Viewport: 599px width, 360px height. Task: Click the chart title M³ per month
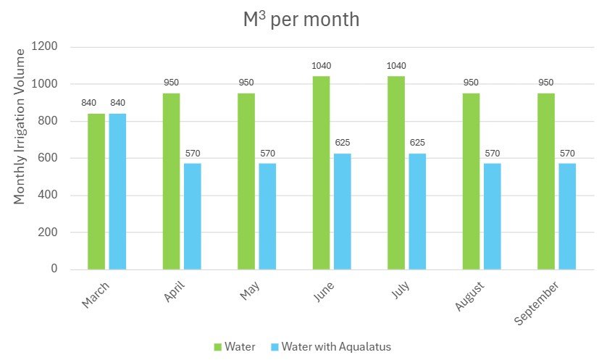click(301, 20)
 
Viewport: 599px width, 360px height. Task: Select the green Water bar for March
click(96, 191)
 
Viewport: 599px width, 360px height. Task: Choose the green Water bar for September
click(545, 181)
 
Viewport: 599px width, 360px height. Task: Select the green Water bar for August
click(471, 181)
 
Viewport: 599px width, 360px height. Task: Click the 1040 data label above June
click(321, 66)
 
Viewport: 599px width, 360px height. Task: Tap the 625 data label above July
click(417, 143)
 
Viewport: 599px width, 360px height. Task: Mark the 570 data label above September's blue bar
click(567, 153)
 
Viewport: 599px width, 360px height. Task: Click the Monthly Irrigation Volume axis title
click(20, 126)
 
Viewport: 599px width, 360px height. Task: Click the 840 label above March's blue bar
click(118, 102)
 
